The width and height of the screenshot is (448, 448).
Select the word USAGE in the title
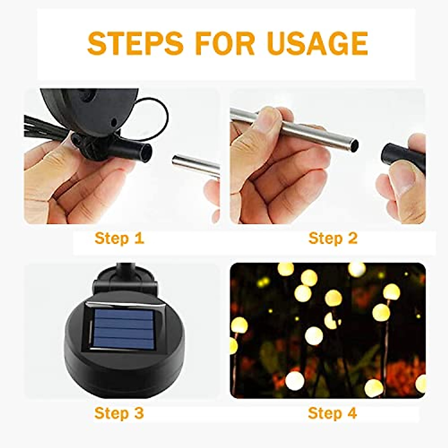317,44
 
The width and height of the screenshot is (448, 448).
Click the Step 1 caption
119,238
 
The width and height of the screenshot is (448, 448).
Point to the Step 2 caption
333,238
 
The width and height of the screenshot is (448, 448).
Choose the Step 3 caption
119,413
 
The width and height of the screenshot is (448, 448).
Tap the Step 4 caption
332,413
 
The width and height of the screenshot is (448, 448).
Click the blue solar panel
123,329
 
